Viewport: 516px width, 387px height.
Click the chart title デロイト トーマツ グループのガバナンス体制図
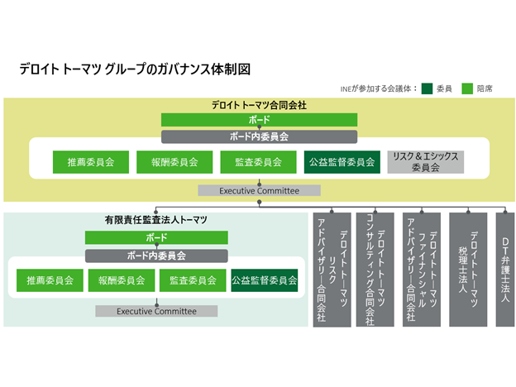click(x=134, y=69)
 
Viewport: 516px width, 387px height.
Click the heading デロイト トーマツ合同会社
click(x=259, y=105)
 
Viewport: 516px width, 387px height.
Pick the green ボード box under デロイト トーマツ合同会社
click(x=259, y=120)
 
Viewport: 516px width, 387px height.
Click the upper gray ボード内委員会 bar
click(x=259, y=136)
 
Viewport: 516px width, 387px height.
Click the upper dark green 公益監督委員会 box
click(x=342, y=162)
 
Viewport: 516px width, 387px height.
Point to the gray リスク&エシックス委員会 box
click(x=425, y=162)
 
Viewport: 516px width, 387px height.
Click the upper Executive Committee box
click(x=259, y=190)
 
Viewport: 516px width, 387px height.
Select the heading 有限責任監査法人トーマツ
click(x=156, y=221)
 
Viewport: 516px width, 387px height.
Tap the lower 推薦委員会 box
click(x=49, y=280)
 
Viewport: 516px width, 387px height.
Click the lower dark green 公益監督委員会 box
click(x=264, y=280)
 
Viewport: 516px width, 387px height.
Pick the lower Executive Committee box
click(x=156, y=311)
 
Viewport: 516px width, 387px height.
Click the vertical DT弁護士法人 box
click(x=504, y=269)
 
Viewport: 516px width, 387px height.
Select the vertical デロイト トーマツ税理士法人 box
click(x=468, y=269)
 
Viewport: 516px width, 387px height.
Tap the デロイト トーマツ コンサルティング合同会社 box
click(x=374, y=269)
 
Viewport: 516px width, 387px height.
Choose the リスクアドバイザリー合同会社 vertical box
click(x=332, y=269)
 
